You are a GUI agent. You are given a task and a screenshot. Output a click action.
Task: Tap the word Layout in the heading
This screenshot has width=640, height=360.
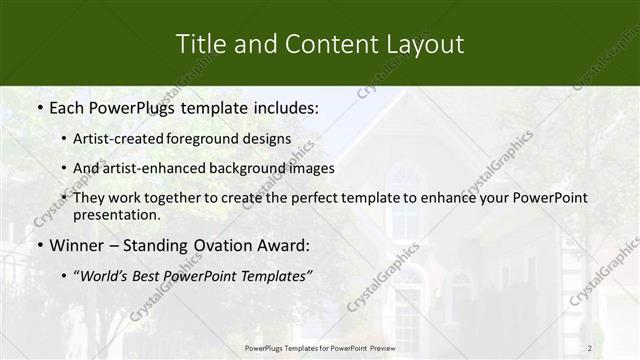pyautogui.click(x=424, y=44)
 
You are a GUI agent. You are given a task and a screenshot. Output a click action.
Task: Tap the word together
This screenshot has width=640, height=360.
pyautogui.click(x=169, y=198)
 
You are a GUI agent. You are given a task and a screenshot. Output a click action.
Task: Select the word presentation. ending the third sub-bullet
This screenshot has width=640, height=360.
pyautogui.click(x=116, y=215)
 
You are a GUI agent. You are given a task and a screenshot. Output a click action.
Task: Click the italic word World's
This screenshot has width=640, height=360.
pyautogui.click(x=104, y=276)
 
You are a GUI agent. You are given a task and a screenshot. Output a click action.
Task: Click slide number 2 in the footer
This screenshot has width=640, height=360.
pyautogui.click(x=589, y=348)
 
